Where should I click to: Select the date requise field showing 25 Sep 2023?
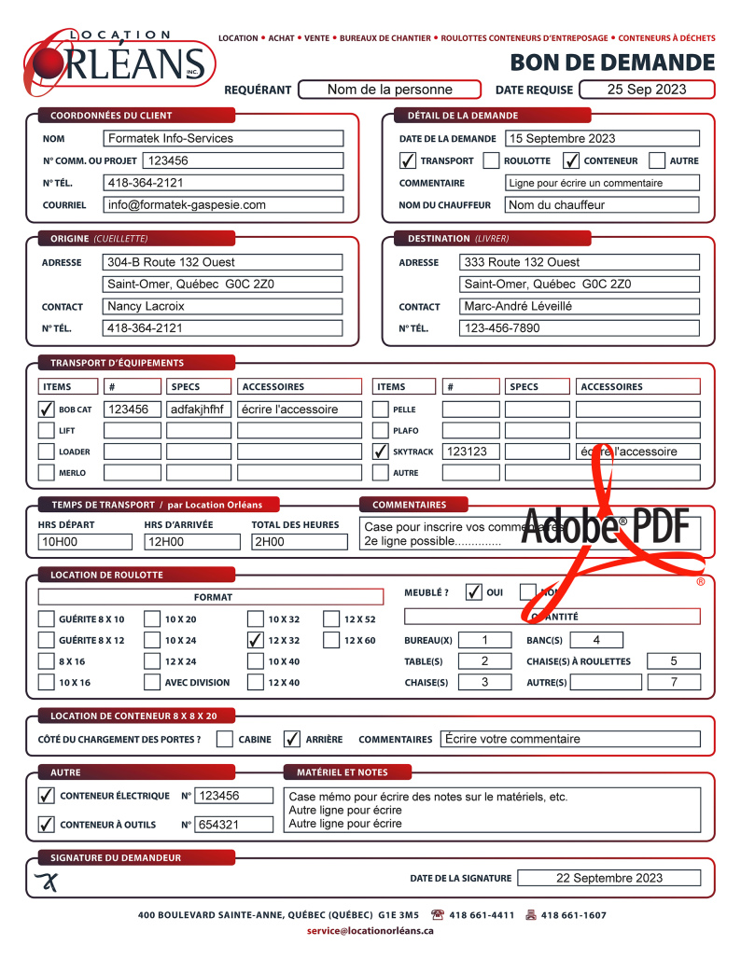tap(647, 90)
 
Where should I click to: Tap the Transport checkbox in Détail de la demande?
tap(408, 160)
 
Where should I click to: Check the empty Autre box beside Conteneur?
tap(657, 160)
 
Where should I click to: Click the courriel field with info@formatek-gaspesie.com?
tap(223, 204)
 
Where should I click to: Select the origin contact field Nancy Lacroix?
tap(223, 306)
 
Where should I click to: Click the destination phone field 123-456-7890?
tap(579, 328)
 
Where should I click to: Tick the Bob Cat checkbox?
tap(46, 409)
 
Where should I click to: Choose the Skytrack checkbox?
tap(381, 452)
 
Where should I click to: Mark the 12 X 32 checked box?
tap(256, 640)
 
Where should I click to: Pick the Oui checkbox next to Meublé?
tap(474, 591)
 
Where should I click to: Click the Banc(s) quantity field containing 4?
tap(595, 640)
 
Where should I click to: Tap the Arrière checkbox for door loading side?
tap(292, 739)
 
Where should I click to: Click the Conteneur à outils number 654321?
tap(233, 825)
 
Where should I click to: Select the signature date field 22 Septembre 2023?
tap(608, 878)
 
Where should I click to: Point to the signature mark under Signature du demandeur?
tap(46, 882)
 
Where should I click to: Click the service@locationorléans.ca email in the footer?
tap(370, 931)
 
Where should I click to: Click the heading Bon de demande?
tap(612, 63)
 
